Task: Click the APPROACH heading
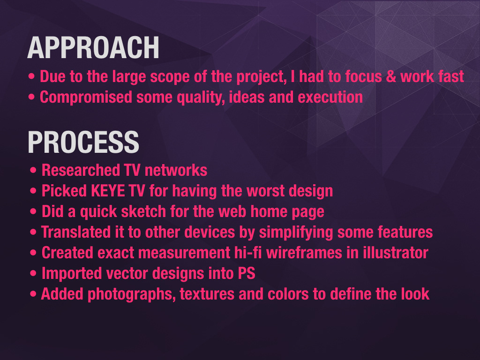coord(93,47)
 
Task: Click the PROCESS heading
coord(83,142)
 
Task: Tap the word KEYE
coord(108,191)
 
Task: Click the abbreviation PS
coord(247,273)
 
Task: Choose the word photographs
coord(132,294)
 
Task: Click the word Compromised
coord(86,97)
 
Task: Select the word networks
coord(176,171)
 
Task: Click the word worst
coord(265,191)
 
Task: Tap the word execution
coord(330,97)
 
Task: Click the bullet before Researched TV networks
coord(33,170)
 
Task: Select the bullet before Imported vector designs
coord(33,273)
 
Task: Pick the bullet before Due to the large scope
coord(31,76)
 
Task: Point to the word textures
coord(207,294)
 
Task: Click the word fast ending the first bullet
coord(451,76)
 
